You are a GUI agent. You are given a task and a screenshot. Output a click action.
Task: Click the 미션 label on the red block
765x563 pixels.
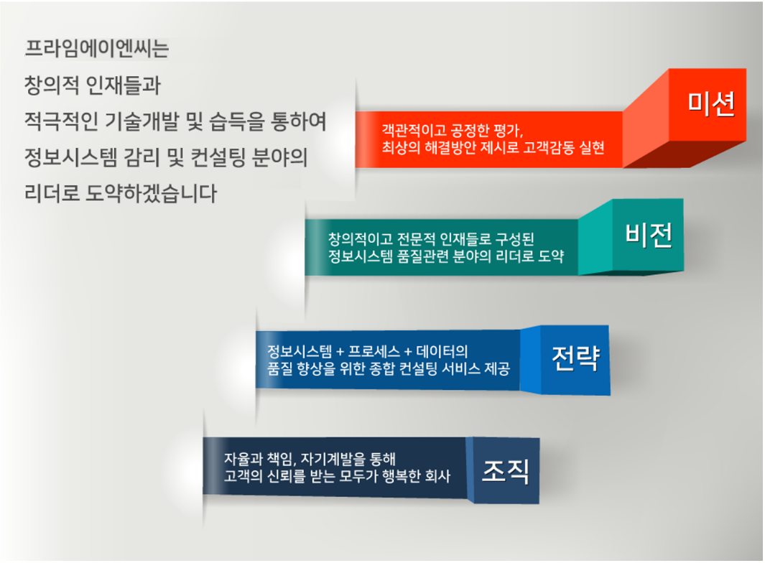point(711,103)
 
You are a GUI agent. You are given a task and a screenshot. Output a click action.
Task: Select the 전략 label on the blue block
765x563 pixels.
point(575,358)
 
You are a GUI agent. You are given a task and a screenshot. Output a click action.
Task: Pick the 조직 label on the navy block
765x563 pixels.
point(506,471)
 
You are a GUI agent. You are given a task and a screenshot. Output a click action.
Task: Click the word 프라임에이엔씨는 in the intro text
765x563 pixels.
point(96,48)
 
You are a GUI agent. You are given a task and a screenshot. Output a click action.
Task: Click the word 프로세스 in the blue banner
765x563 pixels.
point(374,351)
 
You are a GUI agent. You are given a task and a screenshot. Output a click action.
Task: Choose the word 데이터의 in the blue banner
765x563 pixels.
point(442,351)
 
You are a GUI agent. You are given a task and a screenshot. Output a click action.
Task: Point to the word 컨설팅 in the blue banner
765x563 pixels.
point(418,368)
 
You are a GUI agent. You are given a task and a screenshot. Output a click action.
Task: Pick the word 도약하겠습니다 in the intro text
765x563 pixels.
point(152,193)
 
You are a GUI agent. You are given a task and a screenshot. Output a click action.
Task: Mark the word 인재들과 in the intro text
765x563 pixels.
point(123,85)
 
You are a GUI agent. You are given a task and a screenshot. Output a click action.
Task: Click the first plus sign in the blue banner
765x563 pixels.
point(340,353)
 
